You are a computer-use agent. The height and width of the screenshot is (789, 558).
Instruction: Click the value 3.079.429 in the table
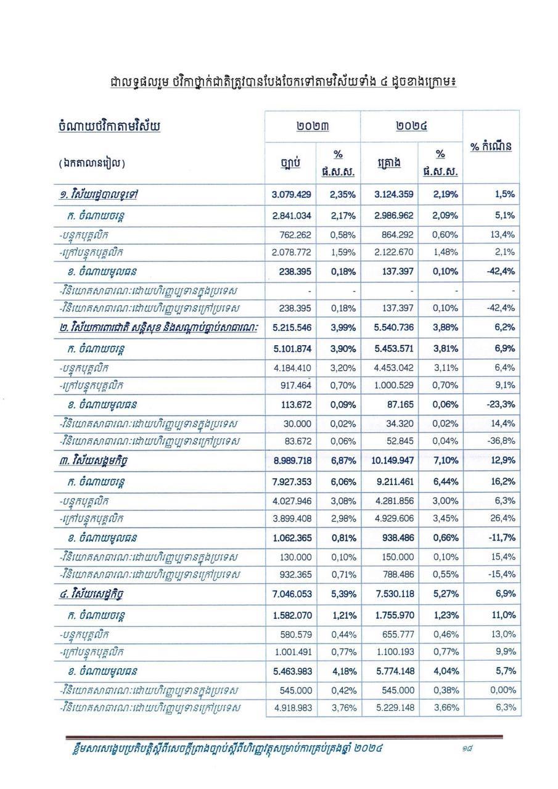[291, 194]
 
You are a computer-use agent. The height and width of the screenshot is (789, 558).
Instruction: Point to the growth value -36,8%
[501, 441]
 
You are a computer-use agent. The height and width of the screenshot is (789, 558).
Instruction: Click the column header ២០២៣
[312, 126]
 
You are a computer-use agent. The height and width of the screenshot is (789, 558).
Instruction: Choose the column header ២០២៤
[411, 126]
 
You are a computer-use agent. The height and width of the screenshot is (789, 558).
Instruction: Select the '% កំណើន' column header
[491, 147]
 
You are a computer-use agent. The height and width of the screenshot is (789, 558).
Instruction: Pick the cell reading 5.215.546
[291, 327]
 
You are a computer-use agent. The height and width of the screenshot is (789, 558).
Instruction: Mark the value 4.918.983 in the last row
[291, 708]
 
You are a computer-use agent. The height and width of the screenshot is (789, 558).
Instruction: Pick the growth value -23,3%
[500, 404]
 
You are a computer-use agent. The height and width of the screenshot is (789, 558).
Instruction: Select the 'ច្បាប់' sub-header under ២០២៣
[290, 163]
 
